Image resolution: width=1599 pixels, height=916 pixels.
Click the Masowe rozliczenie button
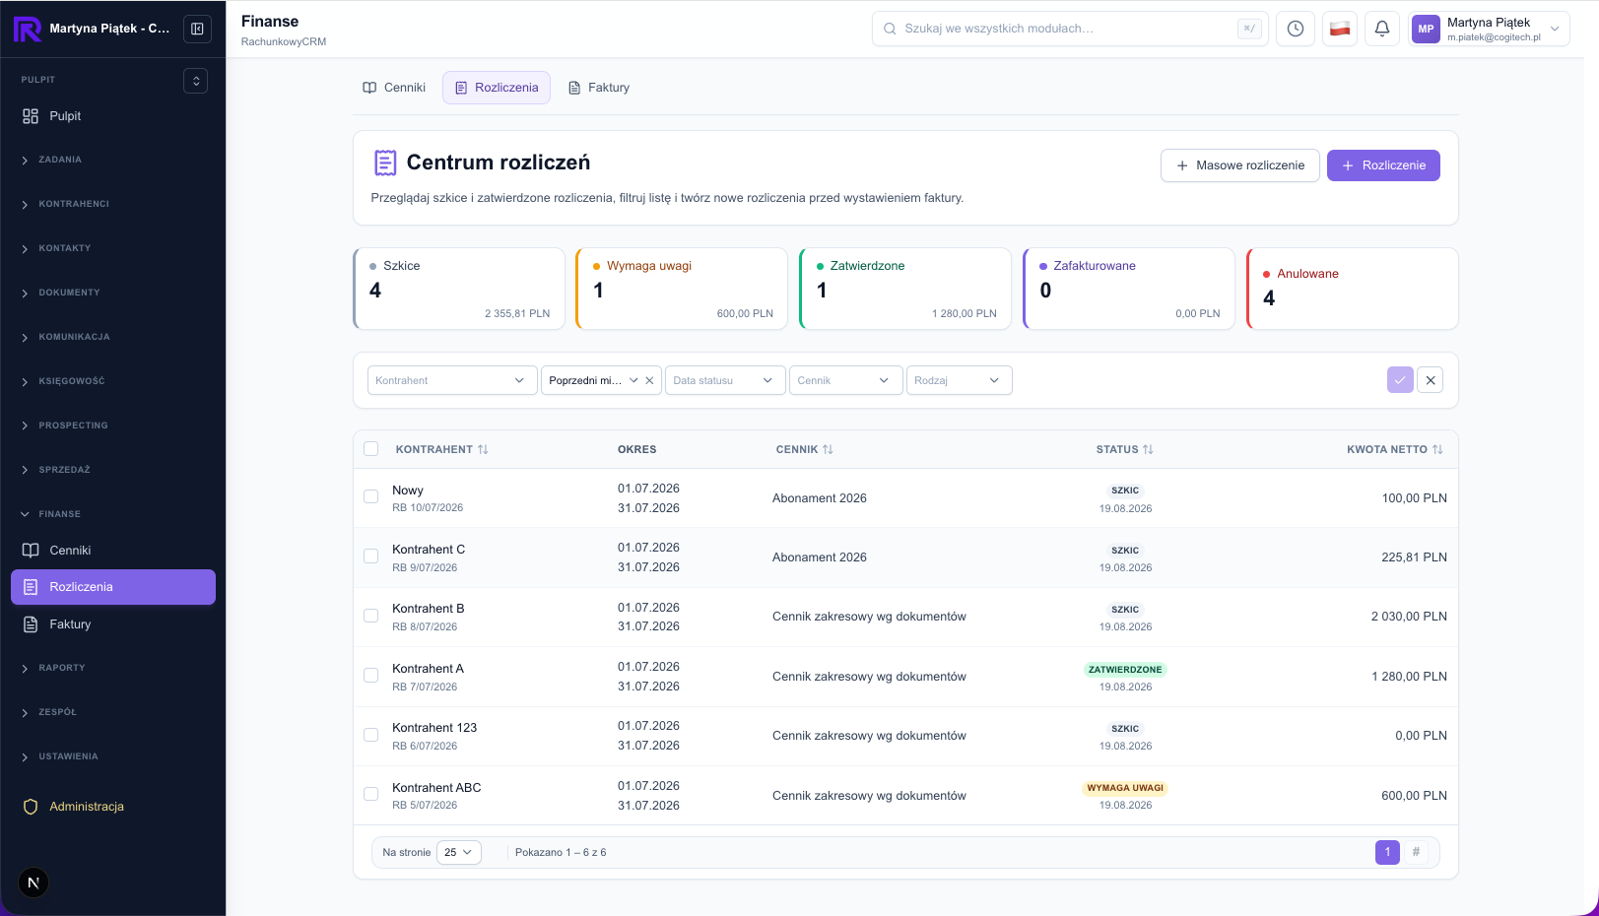[1240, 165]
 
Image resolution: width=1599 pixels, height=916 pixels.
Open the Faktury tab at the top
[598, 88]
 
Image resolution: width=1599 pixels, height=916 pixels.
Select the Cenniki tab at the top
[394, 88]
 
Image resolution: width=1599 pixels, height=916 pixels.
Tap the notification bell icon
[1382, 29]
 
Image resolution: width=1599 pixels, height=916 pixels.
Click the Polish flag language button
[1339, 29]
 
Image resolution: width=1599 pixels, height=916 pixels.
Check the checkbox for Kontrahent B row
[370, 616]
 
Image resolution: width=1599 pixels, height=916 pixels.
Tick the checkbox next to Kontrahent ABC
[370, 794]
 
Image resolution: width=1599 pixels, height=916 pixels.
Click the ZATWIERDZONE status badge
[1125, 669]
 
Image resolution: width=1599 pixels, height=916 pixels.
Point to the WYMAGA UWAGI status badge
[1125, 788]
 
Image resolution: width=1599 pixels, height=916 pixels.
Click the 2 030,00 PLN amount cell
[1409, 617]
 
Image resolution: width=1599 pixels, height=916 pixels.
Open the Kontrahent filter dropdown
[452, 380]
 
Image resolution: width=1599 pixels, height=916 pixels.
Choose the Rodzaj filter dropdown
[959, 380]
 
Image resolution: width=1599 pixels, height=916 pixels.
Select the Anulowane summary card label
[1307, 274]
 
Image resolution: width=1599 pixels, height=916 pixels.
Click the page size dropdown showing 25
[458, 853]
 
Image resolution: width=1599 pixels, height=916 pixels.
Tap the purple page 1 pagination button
[1387, 852]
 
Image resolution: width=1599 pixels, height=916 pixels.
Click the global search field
[1069, 29]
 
